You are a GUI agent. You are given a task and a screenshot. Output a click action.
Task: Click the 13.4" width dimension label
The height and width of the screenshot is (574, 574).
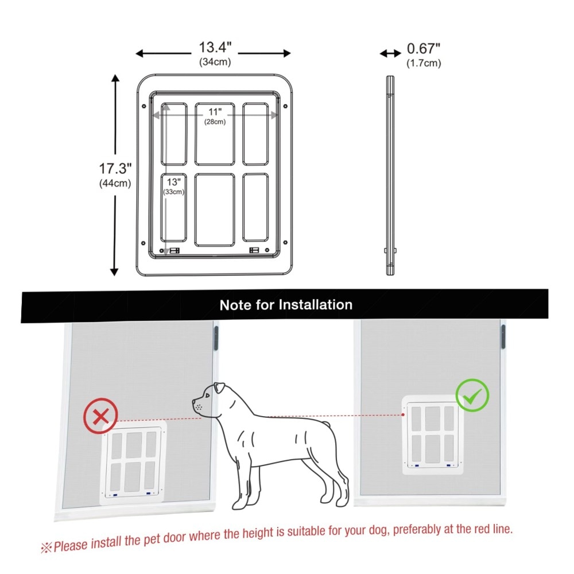tap(215, 47)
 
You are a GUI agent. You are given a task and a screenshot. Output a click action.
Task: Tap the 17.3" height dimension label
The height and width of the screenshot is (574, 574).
tap(115, 169)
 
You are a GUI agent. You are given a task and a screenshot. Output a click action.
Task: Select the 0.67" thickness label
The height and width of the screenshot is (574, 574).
tap(424, 48)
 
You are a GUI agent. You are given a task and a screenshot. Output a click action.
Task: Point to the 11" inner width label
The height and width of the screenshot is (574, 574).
tap(215, 112)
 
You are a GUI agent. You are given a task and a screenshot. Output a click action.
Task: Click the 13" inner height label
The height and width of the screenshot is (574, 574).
tap(174, 182)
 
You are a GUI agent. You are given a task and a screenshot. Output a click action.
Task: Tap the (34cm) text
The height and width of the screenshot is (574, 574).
tap(215, 62)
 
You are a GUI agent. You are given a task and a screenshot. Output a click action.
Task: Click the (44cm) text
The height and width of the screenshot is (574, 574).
tap(115, 183)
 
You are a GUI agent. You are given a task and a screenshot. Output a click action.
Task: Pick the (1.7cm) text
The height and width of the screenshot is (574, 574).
tap(424, 63)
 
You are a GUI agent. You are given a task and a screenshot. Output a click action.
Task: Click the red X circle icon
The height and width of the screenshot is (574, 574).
tap(100, 416)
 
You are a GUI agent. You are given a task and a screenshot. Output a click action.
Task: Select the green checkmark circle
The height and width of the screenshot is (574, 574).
tap(472, 395)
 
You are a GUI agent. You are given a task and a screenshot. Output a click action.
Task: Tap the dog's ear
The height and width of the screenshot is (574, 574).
tap(220, 387)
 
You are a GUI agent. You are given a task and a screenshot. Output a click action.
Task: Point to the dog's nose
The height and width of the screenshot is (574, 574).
tap(193, 402)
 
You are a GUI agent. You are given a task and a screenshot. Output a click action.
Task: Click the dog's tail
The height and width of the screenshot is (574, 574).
tap(328, 424)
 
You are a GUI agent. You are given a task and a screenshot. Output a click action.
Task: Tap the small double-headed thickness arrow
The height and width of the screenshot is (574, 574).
tap(390, 54)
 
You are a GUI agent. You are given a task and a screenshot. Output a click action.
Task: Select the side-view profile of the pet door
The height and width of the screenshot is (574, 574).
tap(390, 175)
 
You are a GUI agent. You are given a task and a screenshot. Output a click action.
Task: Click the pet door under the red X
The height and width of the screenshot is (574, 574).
tap(133, 463)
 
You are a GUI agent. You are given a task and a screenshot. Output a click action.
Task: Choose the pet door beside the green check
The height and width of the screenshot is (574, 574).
tap(432, 435)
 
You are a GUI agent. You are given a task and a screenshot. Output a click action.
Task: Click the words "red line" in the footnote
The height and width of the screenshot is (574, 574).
tap(493, 529)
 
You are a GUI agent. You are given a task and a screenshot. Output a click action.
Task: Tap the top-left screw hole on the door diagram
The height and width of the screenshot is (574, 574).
tap(144, 106)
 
